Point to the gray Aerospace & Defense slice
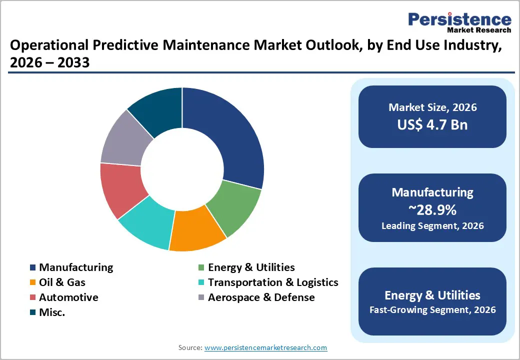point(125,140)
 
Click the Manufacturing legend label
point(76,267)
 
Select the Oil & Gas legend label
point(62,282)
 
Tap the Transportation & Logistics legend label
point(273,282)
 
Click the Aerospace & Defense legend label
point(261,297)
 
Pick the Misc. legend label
point(52,312)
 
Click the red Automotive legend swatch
point(33,298)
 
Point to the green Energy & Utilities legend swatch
point(201,268)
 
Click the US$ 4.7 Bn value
point(432,124)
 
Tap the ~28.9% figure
point(432,208)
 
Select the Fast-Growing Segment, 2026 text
point(432,310)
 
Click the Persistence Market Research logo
point(459,22)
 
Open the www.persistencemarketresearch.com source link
point(265,347)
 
